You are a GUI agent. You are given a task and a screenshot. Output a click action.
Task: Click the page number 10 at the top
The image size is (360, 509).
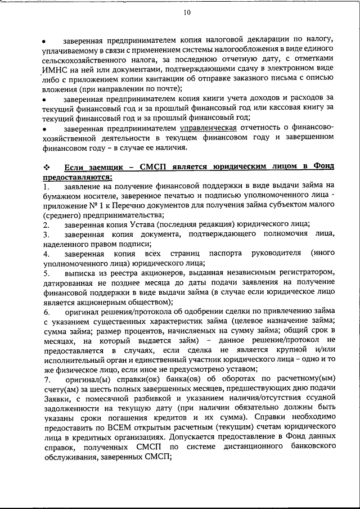point(186,12)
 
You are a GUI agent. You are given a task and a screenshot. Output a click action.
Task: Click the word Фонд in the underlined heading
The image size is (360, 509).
point(322,166)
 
